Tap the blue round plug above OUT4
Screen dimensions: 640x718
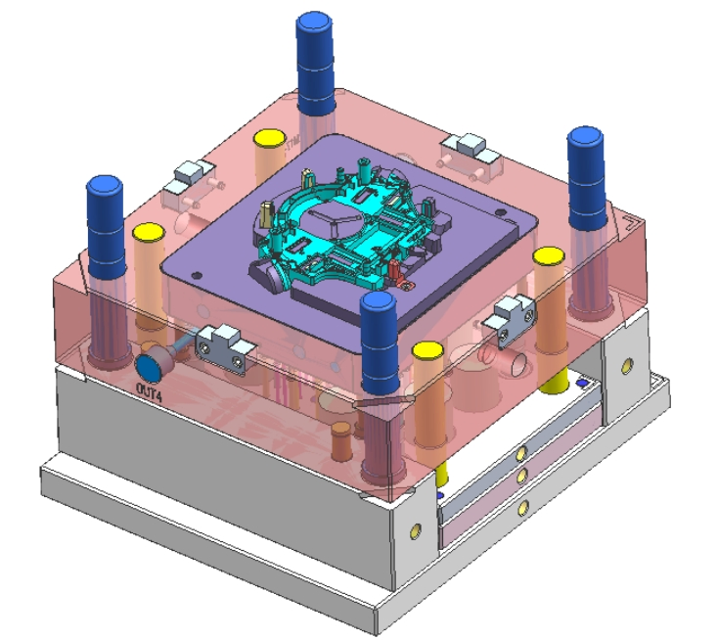click(x=150, y=368)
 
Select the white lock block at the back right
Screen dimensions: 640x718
click(x=467, y=150)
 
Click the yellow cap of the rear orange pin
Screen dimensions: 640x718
click(x=268, y=138)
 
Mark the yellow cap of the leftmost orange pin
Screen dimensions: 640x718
click(x=148, y=233)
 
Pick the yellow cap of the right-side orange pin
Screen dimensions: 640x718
click(x=548, y=257)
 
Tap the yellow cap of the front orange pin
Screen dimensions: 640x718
click(x=426, y=350)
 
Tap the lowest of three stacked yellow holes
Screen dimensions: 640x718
click(x=525, y=506)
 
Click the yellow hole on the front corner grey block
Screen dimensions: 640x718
click(x=417, y=529)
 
